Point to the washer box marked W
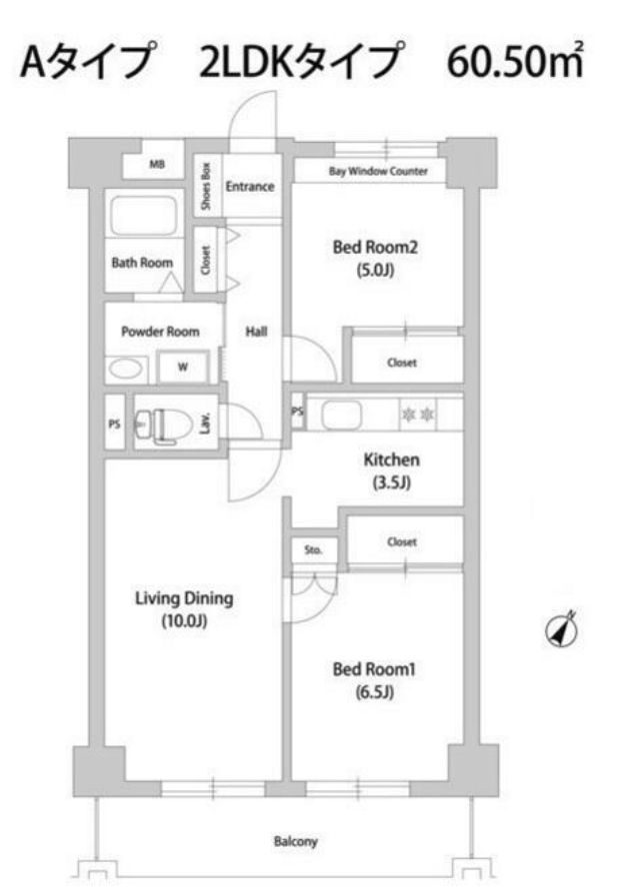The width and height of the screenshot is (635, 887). [x=184, y=367]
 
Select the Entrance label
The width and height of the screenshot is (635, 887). [x=250, y=186]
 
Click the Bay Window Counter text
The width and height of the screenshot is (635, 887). [x=378, y=172]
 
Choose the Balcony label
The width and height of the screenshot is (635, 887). [x=295, y=842]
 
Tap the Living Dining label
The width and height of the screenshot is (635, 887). [x=184, y=599]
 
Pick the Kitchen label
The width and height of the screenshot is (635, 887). [x=390, y=461]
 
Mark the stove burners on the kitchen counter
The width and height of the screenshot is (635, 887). [x=415, y=413]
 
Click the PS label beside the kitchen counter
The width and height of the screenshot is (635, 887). [x=297, y=412]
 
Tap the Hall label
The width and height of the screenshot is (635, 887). [x=255, y=332]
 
